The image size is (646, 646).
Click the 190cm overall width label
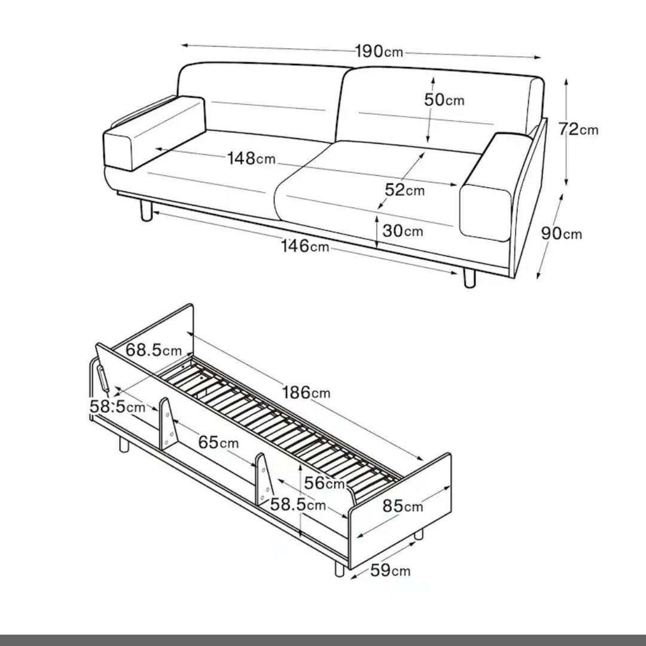click(379, 51)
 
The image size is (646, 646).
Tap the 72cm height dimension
click(578, 129)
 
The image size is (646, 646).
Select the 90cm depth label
click(561, 234)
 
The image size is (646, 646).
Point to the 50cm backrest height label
click(444, 100)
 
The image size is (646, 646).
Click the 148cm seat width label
click(251, 158)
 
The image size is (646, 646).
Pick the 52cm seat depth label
click(404, 190)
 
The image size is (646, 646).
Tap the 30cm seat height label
click(403, 231)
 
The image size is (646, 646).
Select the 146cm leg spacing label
click(305, 246)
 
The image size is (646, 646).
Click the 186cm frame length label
click(306, 392)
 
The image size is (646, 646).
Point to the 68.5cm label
click(154, 350)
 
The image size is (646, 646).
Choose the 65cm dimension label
click(218, 443)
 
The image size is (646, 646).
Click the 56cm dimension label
click(324, 483)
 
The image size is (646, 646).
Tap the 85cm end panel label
click(403, 506)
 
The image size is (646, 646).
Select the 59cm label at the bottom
click(390, 571)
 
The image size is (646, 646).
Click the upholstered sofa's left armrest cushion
click(153, 133)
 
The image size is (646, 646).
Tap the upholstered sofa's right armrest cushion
click(495, 186)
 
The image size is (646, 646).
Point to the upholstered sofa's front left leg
click(147, 211)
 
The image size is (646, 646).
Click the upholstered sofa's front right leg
click(470, 278)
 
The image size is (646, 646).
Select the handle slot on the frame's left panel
click(103, 378)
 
